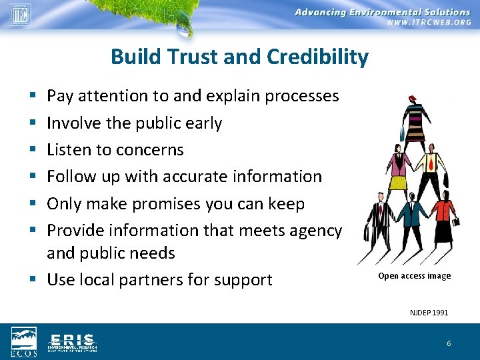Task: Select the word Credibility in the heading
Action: click(x=317, y=57)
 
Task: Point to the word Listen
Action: click(x=71, y=150)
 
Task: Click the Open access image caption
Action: click(x=414, y=276)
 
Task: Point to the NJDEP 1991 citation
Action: click(x=429, y=312)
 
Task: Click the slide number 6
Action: click(x=449, y=343)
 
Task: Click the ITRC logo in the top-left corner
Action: click(x=19, y=14)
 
